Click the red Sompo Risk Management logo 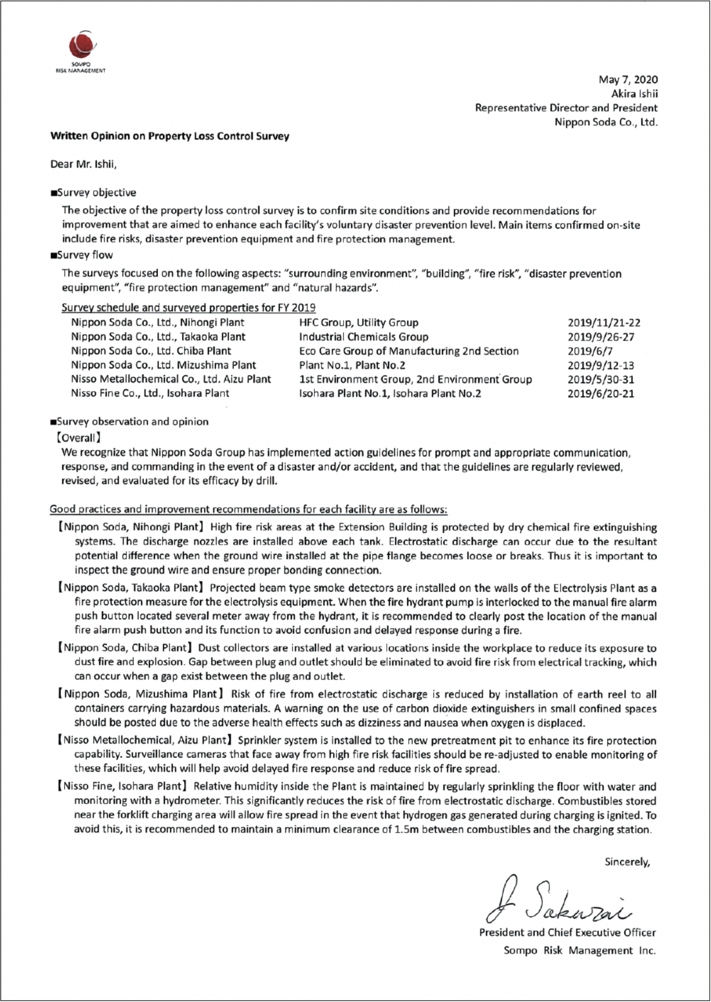pyautogui.click(x=82, y=45)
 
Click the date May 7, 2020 pyautogui.click(x=628, y=80)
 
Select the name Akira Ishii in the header pyautogui.click(x=634, y=94)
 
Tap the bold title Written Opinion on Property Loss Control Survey pyautogui.click(x=170, y=136)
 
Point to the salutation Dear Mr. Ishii pyautogui.click(x=84, y=165)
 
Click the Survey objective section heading pyautogui.click(x=94, y=193)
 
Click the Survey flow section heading pyautogui.click(x=82, y=255)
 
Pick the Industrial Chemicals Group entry pyautogui.click(x=363, y=337)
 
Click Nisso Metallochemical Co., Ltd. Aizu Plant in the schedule pyautogui.click(x=171, y=379)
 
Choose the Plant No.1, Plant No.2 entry pyautogui.click(x=352, y=365)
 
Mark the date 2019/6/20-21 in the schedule pyautogui.click(x=601, y=394)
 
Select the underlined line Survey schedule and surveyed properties pyautogui.click(x=188, y=308)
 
